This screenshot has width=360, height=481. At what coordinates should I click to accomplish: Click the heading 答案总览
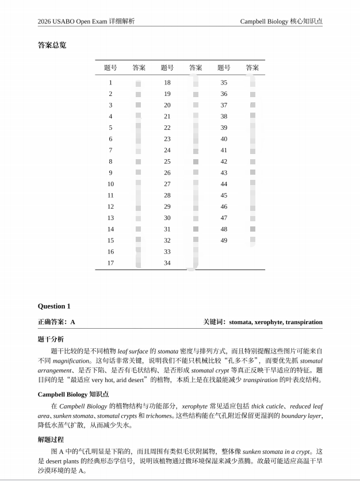(x=52, y=45)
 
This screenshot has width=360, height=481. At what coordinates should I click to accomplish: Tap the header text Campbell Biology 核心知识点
(x=281, y=21)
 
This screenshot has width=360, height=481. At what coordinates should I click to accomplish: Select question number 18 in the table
(x=167, y=83)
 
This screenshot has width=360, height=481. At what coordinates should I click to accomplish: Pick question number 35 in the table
(x=224, y=83)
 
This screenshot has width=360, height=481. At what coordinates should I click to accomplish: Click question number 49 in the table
(x=224, y=240)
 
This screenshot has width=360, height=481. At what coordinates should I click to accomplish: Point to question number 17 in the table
(x=110, y=263)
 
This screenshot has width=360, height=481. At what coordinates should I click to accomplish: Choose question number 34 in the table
(x=167, y=263)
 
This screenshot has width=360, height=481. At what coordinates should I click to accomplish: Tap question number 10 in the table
(x=110, y=184)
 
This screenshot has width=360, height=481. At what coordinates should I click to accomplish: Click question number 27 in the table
(x=167, y=184)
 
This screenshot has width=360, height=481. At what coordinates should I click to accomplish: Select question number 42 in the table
(x=224, y=161)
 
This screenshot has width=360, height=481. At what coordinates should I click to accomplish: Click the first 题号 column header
(x=110, y=68)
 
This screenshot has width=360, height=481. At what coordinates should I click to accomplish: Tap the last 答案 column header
(x=252, y=68)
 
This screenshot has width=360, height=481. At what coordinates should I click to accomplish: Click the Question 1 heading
(x=54, y=306)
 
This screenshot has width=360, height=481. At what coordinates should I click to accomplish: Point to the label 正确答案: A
(x=56, y=322)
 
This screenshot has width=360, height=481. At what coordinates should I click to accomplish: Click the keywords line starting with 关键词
(x=263, y=322)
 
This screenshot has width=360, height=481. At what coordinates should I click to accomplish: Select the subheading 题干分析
(x=51, y=339)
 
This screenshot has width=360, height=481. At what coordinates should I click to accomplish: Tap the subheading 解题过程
(x=51, y=439)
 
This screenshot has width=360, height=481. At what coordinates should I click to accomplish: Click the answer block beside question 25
(x=196, y=161)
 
